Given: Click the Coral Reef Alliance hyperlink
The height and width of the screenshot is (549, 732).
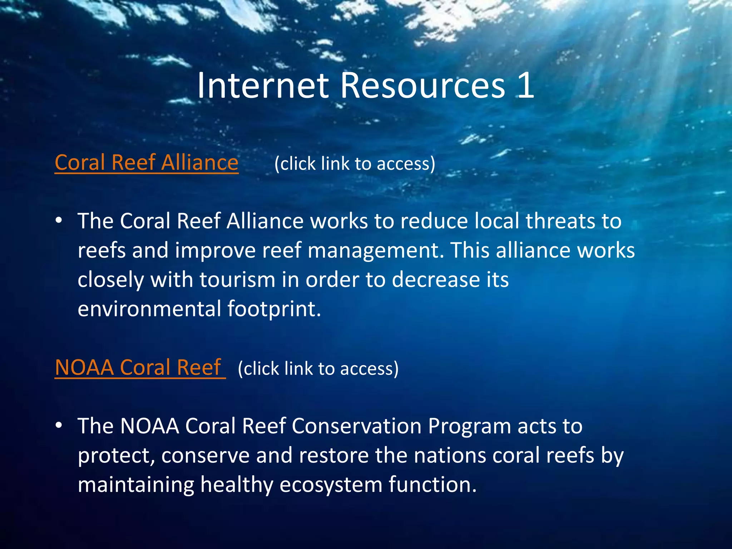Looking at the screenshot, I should point(147,163).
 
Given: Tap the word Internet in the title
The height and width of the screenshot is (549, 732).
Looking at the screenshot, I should point(263,86).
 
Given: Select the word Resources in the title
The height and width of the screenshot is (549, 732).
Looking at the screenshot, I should point(423,86).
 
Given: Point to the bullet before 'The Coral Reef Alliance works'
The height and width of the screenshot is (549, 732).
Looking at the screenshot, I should point(59,221).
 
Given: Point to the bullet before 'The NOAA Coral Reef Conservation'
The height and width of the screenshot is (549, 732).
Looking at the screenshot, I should point(59,425).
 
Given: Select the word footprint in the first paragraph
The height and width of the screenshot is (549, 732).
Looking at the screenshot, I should point(274,309).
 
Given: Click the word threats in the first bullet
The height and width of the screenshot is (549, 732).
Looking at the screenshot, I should point(560,221).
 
